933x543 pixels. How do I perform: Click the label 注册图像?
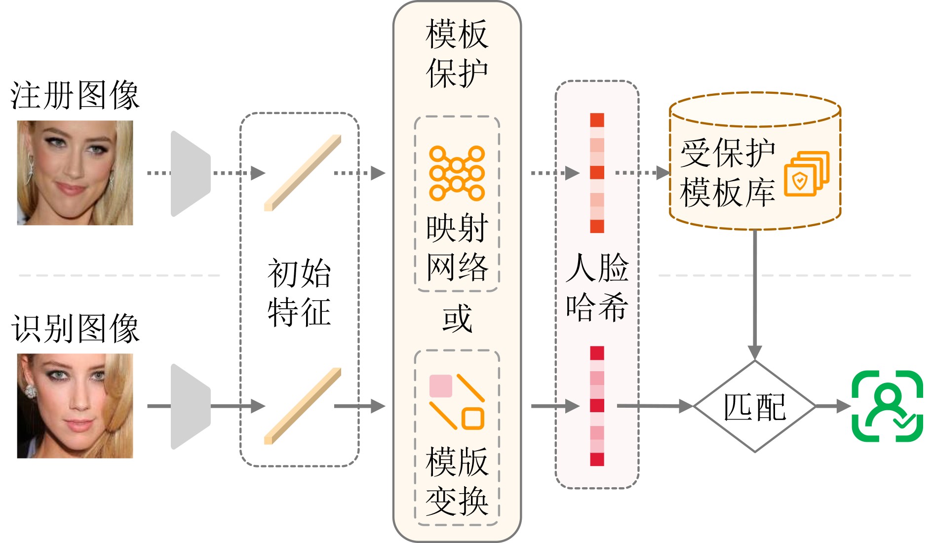(x=75, y=95)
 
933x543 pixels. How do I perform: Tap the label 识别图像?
(x=75, y=328)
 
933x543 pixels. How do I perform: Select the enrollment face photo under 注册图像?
(x=75, y=173)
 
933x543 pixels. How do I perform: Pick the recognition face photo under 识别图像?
(x=75, y=406)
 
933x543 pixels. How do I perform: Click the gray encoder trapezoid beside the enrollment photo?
(x=190, y=173)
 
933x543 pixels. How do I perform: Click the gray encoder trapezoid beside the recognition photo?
(x=190, y=406)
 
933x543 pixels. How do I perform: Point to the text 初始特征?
(x=299, y=292)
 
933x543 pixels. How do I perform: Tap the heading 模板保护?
(x=457, y=54)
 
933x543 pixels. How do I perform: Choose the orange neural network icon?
(x=457, y=173)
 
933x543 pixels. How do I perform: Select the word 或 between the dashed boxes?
(x=457, y=319)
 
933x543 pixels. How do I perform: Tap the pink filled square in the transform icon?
(x=441, y=386)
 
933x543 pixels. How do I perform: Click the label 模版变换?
(x=457, y=481)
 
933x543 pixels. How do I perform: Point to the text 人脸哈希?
(x=597, y=287)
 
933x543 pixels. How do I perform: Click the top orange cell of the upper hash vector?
(x=597, y=120)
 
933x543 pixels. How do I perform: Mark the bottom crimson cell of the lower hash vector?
(x=597, y=459)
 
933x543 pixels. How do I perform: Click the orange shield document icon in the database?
(x=806, y=174)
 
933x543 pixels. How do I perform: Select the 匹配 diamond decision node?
(x=755, y=406)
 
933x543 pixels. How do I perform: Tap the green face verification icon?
(x=887, y=406)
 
